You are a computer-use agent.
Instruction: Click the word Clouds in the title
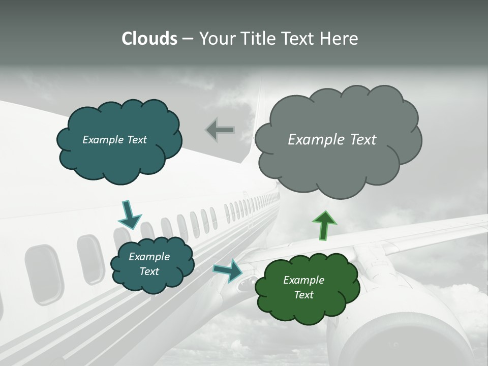(149, 39)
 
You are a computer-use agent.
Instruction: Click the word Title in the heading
(258, 39)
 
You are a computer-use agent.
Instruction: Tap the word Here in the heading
(340, 39)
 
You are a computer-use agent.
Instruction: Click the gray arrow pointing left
(220, 131)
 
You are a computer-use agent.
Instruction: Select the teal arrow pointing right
(228, 270)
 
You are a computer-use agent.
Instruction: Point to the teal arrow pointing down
(129, 215)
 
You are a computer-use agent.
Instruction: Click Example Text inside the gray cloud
(332, 140)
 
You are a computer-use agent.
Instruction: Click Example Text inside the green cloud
(303, 287)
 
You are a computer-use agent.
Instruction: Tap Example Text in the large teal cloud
(114, 140)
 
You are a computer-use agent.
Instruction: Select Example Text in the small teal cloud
(149, 264)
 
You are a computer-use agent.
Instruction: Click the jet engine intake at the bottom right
(402, 343)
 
